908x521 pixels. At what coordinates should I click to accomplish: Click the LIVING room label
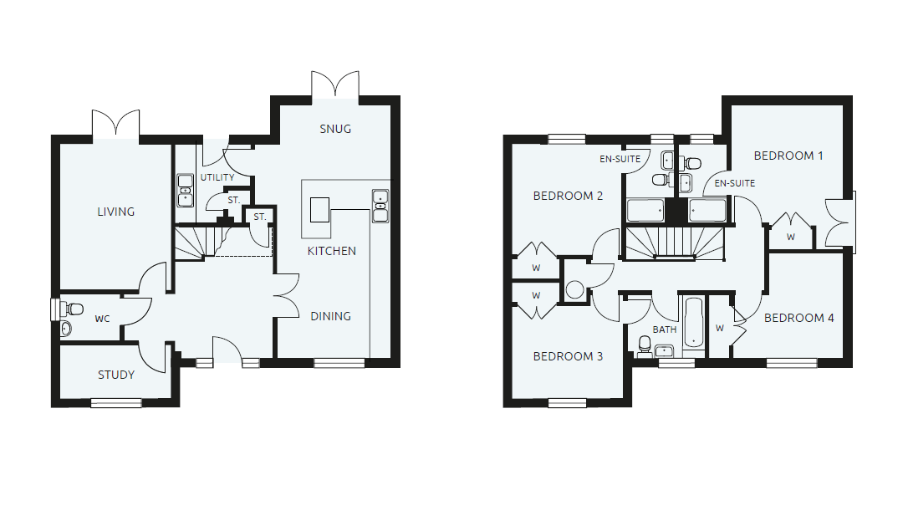[115, 212]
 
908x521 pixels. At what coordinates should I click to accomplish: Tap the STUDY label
[116, 375]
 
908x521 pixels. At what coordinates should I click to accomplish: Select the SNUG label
[335, 129]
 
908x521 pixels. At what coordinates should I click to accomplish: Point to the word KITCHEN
[332, 251]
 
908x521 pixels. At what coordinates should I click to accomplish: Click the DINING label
[330, 316]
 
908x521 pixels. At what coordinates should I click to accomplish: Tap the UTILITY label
[217, 177]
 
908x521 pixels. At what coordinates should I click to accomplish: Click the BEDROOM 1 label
[788, 156]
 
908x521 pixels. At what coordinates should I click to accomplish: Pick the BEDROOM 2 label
[568, 197]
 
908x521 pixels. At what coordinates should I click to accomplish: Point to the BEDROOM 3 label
[568, 356]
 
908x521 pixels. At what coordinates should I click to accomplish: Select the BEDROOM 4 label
[798, 318]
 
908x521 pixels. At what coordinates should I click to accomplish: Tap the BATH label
[664, 329]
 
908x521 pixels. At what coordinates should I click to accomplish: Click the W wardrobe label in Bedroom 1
[791, 238]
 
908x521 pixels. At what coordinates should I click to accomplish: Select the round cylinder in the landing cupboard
[574, 290]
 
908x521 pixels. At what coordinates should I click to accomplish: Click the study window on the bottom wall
[116, 403]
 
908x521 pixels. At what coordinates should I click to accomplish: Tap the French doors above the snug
[335, 86]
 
